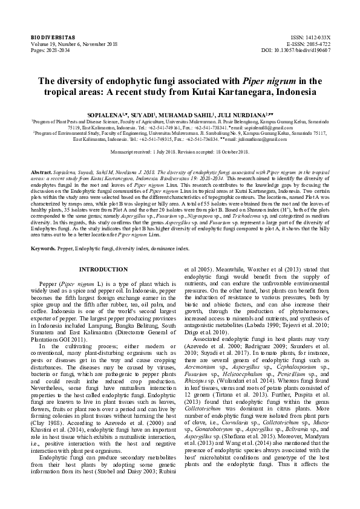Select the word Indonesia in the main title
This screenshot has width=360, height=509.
click(298, 91)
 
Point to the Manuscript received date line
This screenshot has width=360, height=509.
click(180, 149)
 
